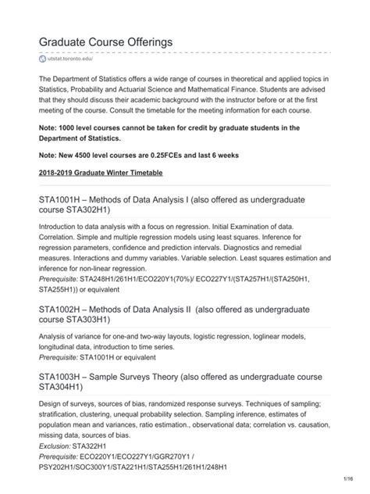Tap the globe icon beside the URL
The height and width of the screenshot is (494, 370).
pyautogui.click(x=43, y=59)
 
